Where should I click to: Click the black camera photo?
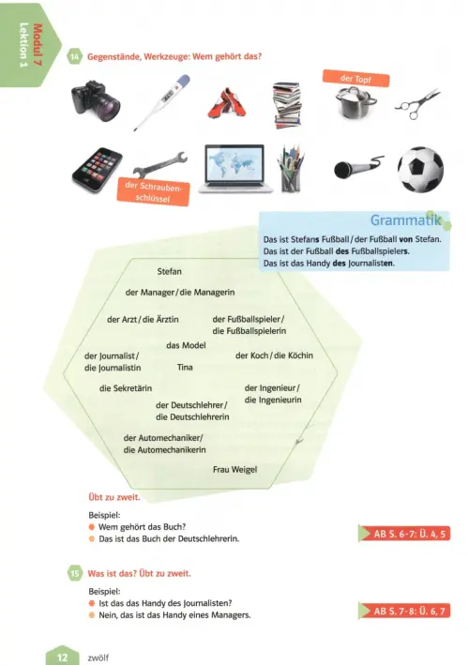click(96, 98)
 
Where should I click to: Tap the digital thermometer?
click(162, 102)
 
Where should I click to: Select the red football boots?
click(227, 103)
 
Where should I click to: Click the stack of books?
click(287, 105)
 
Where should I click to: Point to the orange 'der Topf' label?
click(356, 79)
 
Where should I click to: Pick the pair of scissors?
click(417, 103)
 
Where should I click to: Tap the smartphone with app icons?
click(98, 169)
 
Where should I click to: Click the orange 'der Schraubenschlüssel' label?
click(153, 192)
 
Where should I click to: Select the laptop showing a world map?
click(235, 169)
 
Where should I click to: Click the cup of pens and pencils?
click(291, 169)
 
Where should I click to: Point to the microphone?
click(358, 167)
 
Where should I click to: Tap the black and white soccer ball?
click(420, 169)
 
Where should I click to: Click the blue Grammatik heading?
click(406, 220)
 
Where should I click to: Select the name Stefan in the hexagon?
click(169, 271)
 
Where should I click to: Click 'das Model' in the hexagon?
click(186, 345)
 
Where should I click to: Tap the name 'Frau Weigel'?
click(234, 470)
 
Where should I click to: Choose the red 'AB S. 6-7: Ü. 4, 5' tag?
click(404, 534)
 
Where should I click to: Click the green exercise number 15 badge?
click(75, 573)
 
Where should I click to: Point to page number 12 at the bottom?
click(62, 657)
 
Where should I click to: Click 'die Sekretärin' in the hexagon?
click(126, 388)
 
